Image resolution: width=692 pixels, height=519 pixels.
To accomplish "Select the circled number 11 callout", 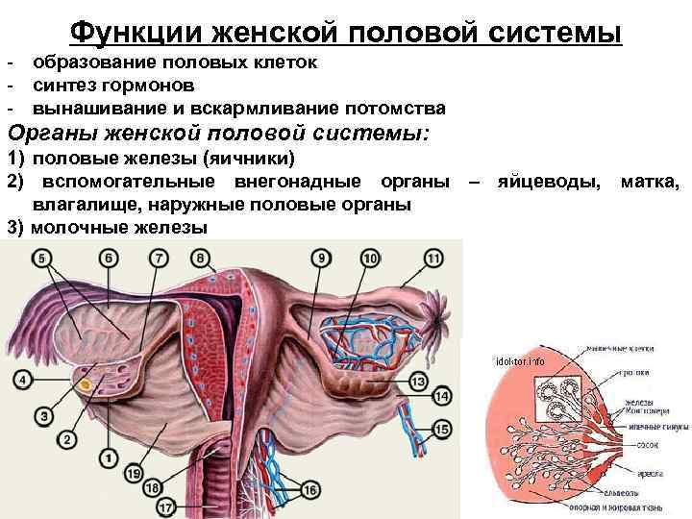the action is (x=432, y=258).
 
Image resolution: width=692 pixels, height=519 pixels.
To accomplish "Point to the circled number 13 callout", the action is (x=417, y=382).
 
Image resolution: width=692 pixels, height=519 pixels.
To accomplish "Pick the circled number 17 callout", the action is (x=164, y=507).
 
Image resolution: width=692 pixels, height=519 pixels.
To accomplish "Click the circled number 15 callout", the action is (x=443, y=428).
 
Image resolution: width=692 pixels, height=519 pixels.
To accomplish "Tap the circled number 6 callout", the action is (x=109, y=258).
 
